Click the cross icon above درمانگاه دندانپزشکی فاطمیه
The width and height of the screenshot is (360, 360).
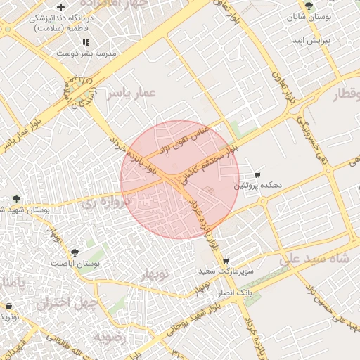tap(61, 8)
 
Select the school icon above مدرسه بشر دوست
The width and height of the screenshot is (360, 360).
tap(86, 42)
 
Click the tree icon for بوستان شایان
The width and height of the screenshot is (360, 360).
tap(309, 6)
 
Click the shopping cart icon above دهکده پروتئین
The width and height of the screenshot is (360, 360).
tap(257, 174)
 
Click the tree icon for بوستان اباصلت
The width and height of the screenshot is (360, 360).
tap(75, 251)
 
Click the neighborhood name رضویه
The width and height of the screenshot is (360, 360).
tap(109, 336)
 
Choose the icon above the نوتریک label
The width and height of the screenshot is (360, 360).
tap(8, 307)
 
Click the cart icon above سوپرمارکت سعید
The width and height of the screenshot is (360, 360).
tap(225, 259)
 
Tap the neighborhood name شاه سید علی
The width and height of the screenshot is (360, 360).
tap(314, 259)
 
